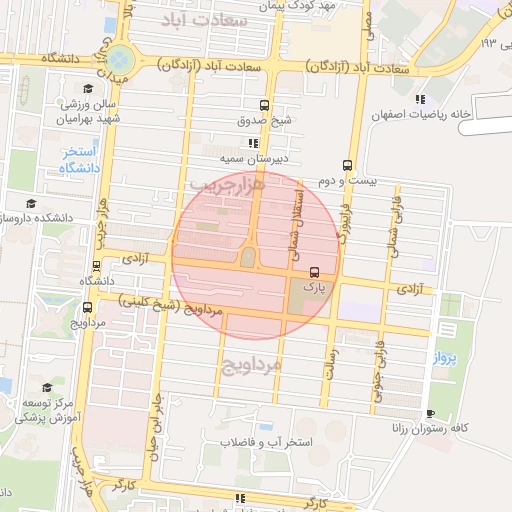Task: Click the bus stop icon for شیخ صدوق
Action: click(264, 104)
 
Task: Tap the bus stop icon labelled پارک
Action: click(315, 271)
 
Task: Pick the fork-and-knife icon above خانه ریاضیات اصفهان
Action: click(420, 98)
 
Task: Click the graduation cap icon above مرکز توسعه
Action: click(45, 388)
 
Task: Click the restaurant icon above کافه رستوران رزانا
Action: click(430, 414)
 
